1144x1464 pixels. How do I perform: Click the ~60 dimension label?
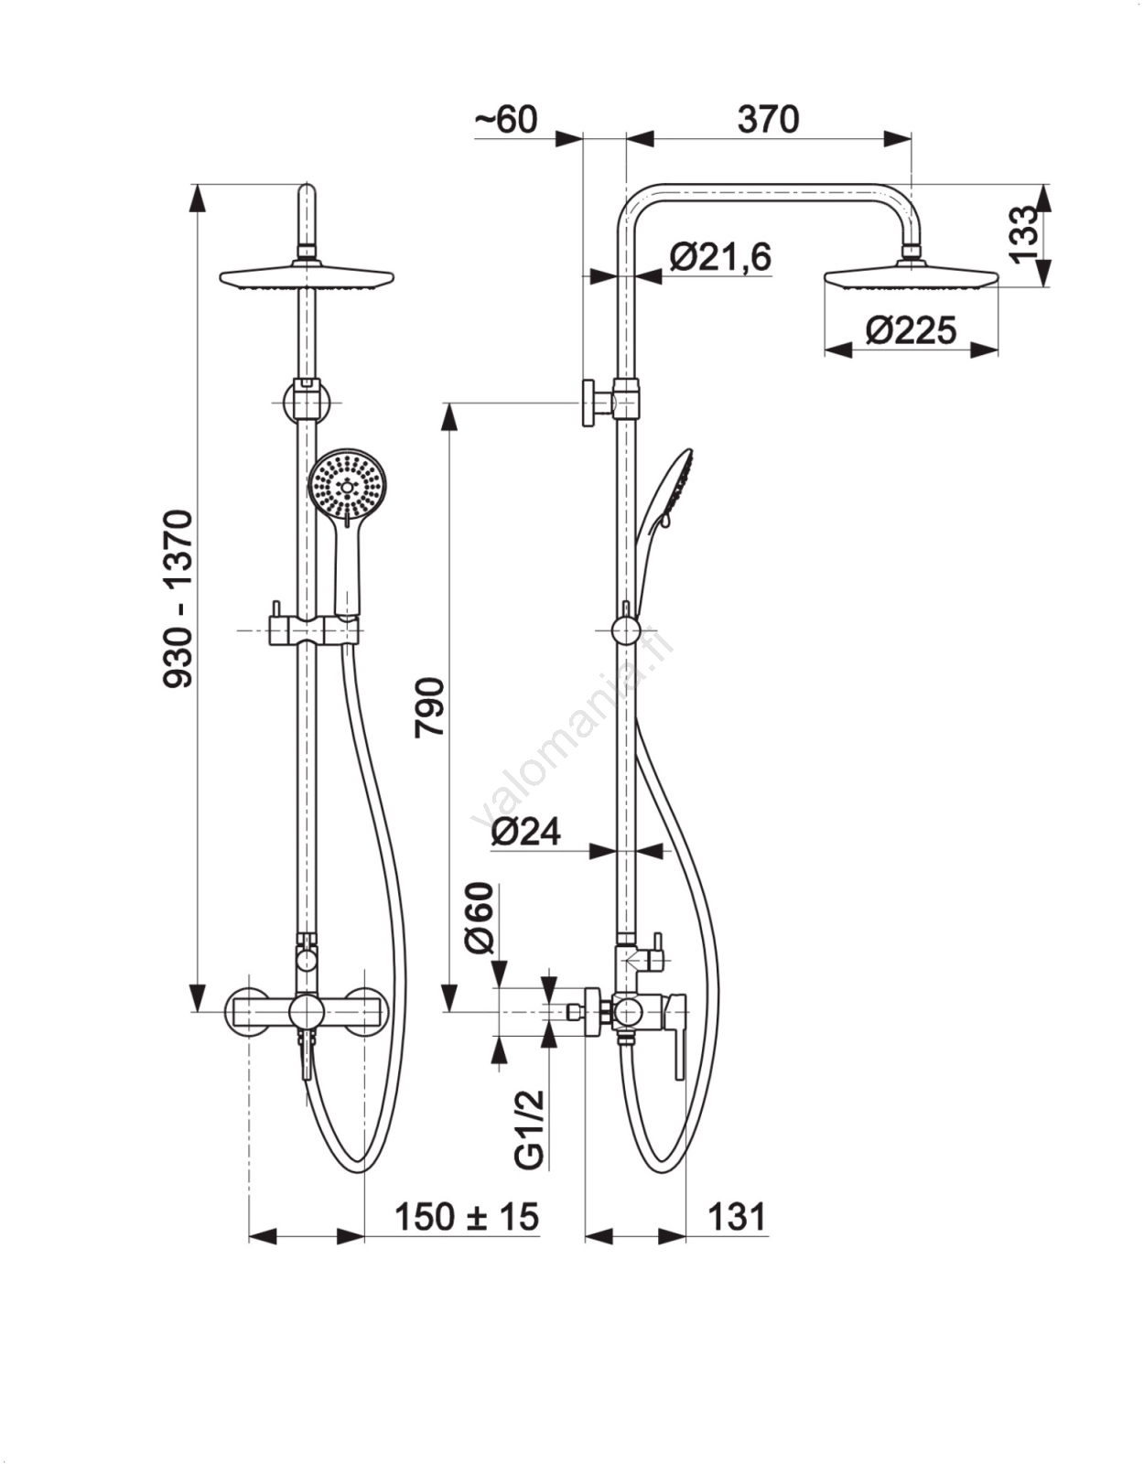pyautogui.click(x=506, y=120)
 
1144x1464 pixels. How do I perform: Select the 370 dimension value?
pyautogui.click(x=768, y=120)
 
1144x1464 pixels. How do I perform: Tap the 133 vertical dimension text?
pyautogui.click(x=1025, y=234)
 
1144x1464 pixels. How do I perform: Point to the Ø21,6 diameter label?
pyautogui.click(x=720, y=257)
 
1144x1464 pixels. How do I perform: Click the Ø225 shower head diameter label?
pyautogui.click(x=912, y=329)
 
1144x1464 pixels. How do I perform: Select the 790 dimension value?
pyautogui.click(x=429, y=707)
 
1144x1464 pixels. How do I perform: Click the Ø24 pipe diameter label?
pyautogui.click(x=526, y=832)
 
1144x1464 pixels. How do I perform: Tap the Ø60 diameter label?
pyautogui.click(x=480, y=918)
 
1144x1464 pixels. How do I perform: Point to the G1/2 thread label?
pyautogui.click(x=531, y=1130)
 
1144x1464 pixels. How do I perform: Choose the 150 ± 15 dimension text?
pyautogui.click(x=467, y=1218)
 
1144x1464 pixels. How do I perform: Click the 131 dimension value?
pyautogui.click(x=737, y=1218)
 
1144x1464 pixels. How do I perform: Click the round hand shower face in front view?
pyautogui.click(x=348, y=486)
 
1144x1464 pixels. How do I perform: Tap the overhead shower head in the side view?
pyautogui.click(x=912, y=275)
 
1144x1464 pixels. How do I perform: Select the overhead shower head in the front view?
pyautogui.click(x=307, y=277)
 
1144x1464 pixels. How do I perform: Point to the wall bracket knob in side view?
pyautogui.click(x=592, y=402)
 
